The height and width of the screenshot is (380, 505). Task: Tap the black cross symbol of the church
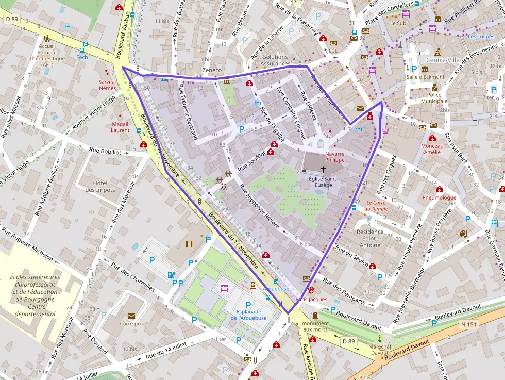324,169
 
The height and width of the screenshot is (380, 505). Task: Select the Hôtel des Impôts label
100,186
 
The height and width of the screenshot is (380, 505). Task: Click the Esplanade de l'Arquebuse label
248,315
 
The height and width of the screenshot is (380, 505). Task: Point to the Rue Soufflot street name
251,160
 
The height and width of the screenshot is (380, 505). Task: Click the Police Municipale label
434,98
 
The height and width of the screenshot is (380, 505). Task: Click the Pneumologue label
439,197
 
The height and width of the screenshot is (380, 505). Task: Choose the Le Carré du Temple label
376,206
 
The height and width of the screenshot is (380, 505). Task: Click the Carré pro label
131,324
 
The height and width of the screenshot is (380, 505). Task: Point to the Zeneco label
212,70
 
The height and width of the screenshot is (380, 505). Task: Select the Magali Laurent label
120,127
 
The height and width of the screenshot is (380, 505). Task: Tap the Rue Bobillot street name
105,152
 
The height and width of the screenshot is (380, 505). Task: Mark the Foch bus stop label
82,57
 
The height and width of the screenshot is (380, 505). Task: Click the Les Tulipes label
481,37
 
